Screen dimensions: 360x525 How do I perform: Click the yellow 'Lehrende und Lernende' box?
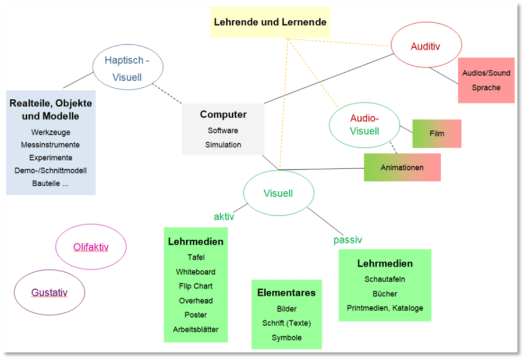(270, 23)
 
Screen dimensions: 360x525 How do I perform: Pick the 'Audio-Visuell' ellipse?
(364, 124)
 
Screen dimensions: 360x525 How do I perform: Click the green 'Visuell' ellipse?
(278, 193)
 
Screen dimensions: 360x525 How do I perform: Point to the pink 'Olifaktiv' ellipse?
(91, 247)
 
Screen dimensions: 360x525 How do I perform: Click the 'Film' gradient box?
(437, 134)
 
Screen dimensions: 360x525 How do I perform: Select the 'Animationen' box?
(402, 167)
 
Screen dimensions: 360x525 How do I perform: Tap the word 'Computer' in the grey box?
(223, 115)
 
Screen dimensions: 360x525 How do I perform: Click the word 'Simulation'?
(223, 145)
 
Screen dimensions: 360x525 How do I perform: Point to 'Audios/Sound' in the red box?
(486, 73)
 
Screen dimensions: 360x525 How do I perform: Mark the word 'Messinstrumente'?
(50, 145)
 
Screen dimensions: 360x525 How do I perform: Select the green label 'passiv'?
(347, 240)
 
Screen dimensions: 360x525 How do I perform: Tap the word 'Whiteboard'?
(196, 272)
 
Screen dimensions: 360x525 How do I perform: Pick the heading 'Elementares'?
(286, 293)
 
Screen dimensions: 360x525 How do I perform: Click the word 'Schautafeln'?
(385, 279)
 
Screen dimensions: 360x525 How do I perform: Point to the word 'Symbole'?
(286, 338)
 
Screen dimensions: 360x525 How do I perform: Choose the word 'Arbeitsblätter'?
(196, 330)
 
